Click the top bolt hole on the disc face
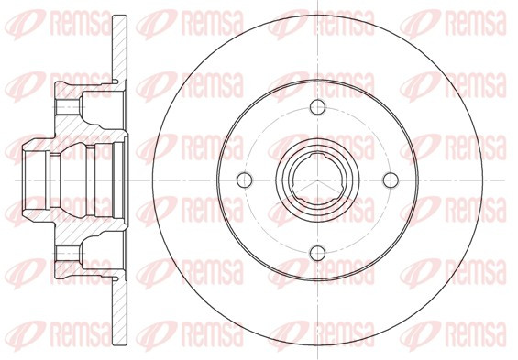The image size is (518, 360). [x=317, y=107]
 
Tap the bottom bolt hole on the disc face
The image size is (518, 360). [x=317, y=253]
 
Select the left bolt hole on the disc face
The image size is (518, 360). [x=245, y=180]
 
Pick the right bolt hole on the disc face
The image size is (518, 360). [x=391, y=180]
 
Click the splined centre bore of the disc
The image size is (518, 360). [x=317, y=180]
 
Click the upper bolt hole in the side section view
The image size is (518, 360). [x=69, y=107]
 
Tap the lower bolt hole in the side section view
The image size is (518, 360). [x=69, y=254]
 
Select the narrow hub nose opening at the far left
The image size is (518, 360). [x=37, y=180]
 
